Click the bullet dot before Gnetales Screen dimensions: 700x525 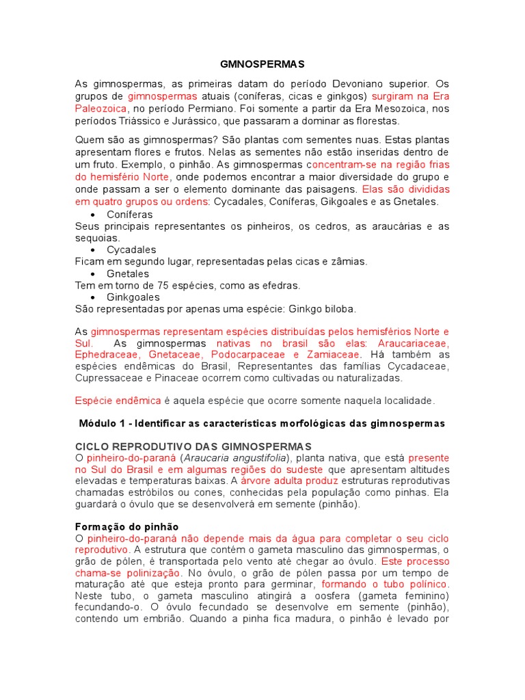point(92,273)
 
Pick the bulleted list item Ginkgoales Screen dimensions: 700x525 point(133,297)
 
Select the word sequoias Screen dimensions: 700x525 point(97,238)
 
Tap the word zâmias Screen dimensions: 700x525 point(347,261)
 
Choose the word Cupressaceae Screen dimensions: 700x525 point(107,377)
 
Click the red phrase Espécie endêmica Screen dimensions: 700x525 point(117,401)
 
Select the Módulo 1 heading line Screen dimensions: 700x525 point(262,424)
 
